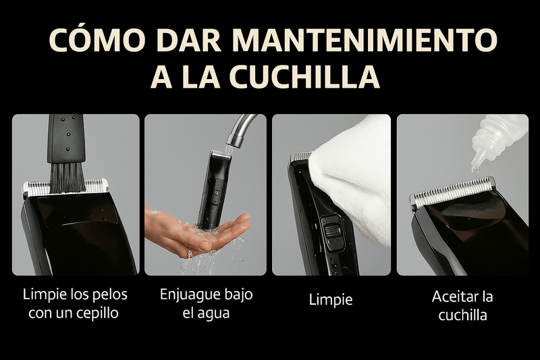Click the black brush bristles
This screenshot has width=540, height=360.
[67, 177]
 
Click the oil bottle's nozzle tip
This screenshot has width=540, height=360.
[475, 169]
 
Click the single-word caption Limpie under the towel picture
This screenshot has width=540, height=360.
[331, 300]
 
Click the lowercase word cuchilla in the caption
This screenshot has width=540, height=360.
[462, 315]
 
